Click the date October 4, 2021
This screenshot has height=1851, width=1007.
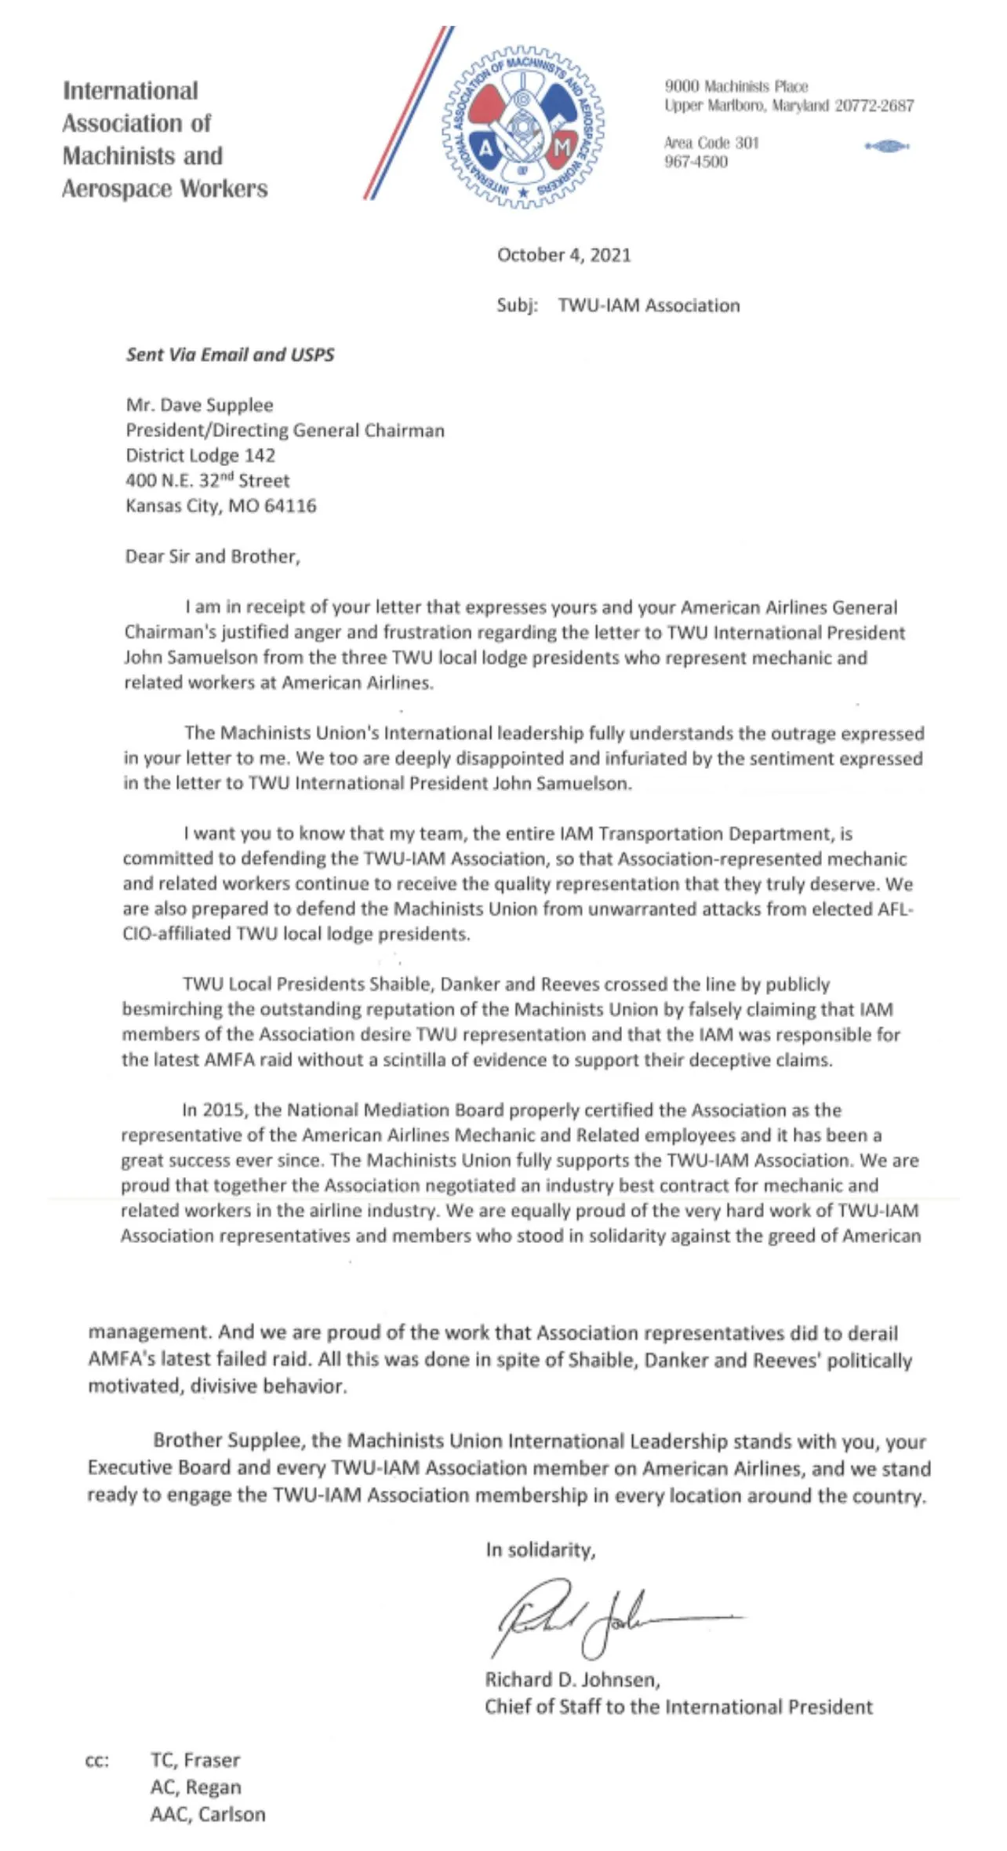click(x=564, y=255)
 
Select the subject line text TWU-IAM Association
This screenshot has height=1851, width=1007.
click(x=649, y=305)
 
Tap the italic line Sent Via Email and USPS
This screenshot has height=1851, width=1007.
click(x=230, y=355)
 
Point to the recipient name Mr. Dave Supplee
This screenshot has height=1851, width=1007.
click(x=199, y=405)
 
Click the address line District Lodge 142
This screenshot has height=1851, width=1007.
click(x=200, y=455)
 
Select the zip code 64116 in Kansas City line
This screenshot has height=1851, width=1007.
click(x=290, y=506)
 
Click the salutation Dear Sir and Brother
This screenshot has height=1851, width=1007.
click(x=212, y=556)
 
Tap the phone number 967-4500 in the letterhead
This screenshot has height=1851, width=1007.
click(x=696, y=162)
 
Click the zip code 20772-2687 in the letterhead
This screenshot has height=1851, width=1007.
click(x=874, y=105)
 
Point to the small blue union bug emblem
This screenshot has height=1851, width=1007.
click(x=886, y=146)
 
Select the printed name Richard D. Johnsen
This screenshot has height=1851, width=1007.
click(x=572, y=1680)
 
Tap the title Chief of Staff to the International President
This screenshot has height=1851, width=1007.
click(x=678, y=1707)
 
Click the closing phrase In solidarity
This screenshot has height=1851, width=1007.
click(x=540, y=1550)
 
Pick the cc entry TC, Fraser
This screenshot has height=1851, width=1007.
click(x=195, y=1760)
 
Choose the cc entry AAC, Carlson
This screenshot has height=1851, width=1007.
click(x=208, y=1813)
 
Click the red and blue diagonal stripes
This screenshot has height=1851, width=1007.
click(x=408, y=114)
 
